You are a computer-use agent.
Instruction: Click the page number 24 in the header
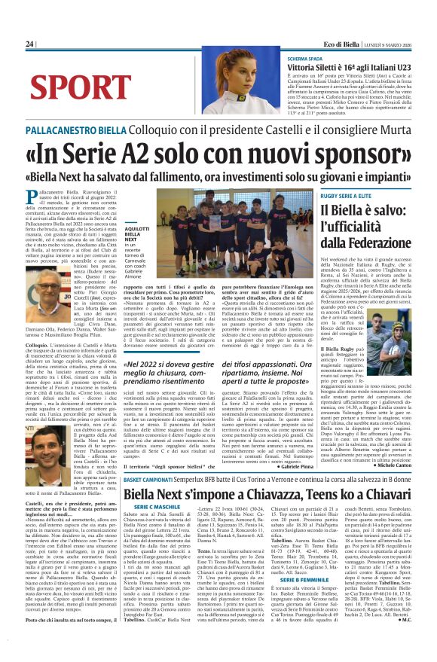click(x=30, y=44)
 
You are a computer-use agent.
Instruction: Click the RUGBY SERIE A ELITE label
click(x=351, y=196)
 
